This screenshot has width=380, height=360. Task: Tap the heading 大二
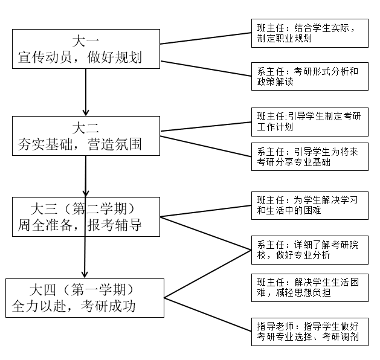point(86,128)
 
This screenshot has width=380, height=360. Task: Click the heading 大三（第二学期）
point(86,208)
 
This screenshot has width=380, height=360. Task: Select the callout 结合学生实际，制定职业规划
point(309,33)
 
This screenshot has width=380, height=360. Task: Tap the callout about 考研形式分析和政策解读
point(309,76)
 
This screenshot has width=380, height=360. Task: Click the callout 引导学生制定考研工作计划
point(309,121)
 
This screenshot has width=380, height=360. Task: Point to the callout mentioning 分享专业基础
point(309,157)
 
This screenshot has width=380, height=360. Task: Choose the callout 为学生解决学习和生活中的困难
point(309,206)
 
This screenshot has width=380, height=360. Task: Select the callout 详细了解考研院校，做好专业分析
point(309,249)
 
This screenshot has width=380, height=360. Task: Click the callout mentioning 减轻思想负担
point(309,288)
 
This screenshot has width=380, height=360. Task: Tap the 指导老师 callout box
point(309,332)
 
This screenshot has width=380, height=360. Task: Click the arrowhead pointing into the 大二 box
point(86,112)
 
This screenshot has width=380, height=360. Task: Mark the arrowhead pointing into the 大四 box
point(85,273)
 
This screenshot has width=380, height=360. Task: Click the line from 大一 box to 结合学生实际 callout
point(205,37)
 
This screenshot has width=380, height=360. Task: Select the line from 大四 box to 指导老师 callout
point(208,313)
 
